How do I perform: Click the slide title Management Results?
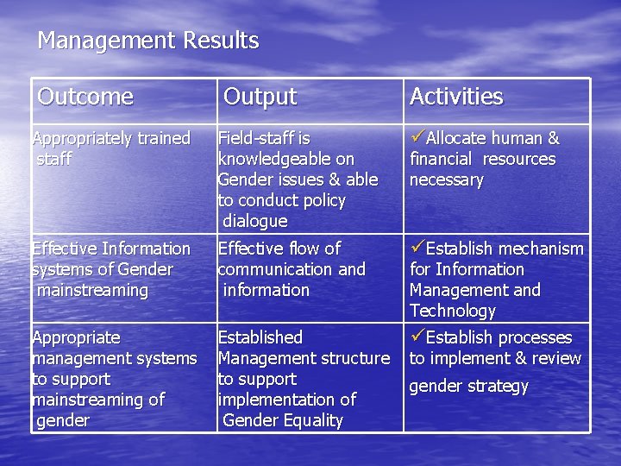[147, 41]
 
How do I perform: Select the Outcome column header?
[85, 97]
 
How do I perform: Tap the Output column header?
[260, 97]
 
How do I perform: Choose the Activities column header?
[455, 97]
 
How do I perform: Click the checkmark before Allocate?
[417, 137]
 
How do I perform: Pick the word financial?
[441, 159]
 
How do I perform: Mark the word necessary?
[446, 179]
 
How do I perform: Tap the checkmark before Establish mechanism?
[417, 248]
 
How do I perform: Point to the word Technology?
[453, 311]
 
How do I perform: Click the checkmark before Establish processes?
[417, 337]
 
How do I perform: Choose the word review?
[557, 358]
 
